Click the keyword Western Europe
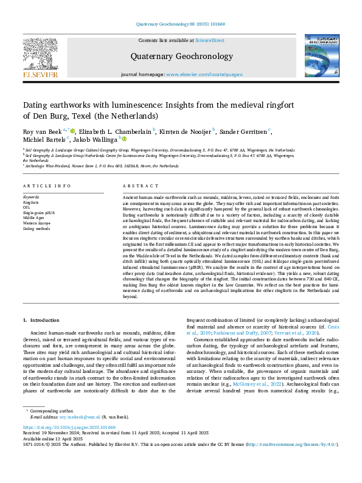pyautogui.click(x=37, y=223)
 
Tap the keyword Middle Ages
pyautogui.click(x=35, y=218)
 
